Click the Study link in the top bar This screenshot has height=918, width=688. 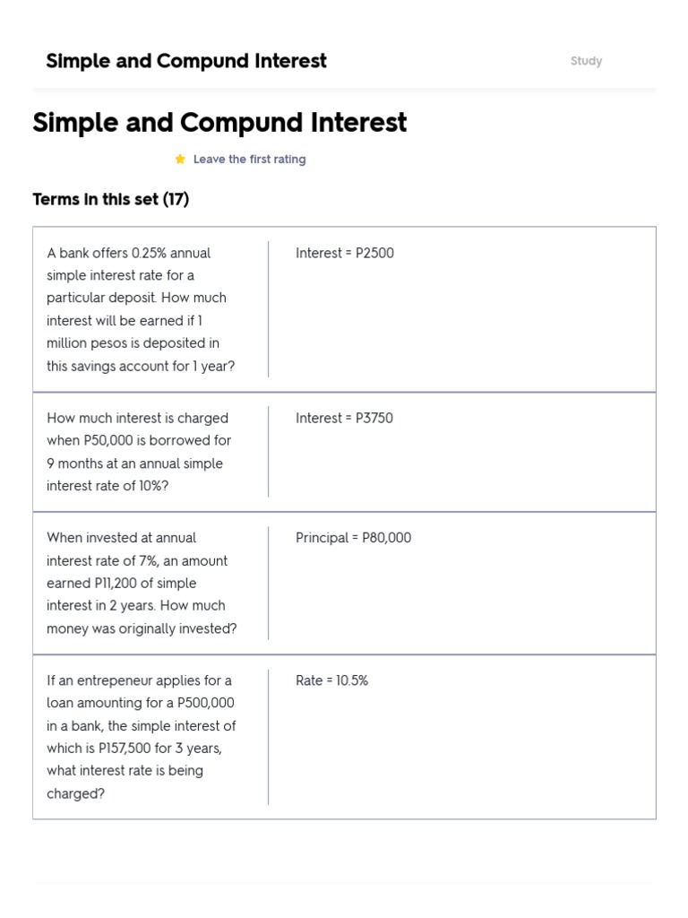click(586, 61)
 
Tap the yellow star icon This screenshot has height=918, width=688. click(180, 159)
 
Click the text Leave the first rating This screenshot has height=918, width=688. click(249, 159)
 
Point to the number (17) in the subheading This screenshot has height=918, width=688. click(176, 199)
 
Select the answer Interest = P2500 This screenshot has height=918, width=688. click(345, 253)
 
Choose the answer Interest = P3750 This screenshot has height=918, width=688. click(344, 418)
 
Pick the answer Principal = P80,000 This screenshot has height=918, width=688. click(354, 538)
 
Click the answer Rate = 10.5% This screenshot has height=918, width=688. click(331, 680)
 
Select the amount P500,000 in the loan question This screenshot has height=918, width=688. click(205, 703)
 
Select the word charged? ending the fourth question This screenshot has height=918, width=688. click(76, 793)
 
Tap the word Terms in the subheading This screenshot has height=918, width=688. click(53, 199)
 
